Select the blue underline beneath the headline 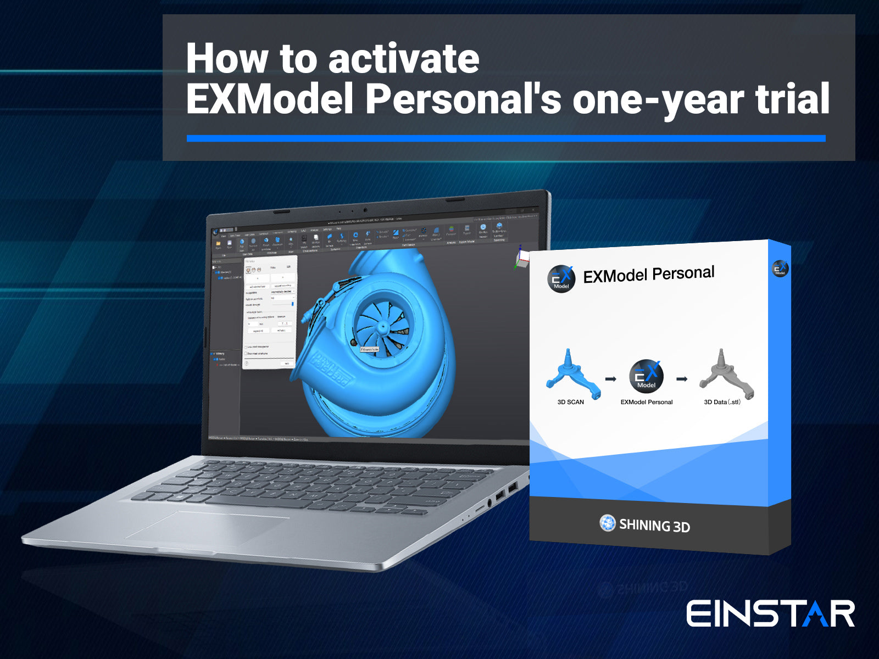tap(505, 138)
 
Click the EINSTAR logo tap(770, 613)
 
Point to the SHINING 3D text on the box tap(654, 526)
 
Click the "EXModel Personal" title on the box tap(648, 275)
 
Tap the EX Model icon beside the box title tap(561, 279)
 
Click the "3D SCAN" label tap(570, 402)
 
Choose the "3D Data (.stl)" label tap(722, 402)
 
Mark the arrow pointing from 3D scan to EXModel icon tap(610, 379)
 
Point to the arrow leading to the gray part tap(682, 379)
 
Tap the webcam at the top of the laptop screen tap(365, 209)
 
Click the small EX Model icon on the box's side tap(780, 269)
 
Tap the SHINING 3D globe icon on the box tap(607, 523)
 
